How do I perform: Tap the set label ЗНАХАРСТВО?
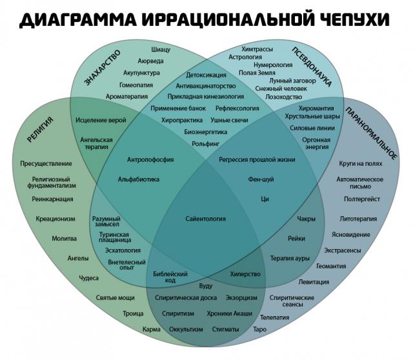[102, 68]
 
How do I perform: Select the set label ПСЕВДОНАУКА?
[312, 66]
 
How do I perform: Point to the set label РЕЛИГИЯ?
[40, 129]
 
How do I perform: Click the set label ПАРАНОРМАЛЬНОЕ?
[371, 133]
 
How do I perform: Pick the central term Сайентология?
[205, 219]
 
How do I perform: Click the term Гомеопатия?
[136, 85]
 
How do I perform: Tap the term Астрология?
[245, 57]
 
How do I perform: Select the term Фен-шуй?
[261, 179]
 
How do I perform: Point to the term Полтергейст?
[362, 199]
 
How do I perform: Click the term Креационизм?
[55, 219]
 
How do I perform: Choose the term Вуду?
[206, 286]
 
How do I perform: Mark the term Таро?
[259, 329]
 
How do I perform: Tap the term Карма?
[152, 329]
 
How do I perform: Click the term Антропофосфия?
[150, 159]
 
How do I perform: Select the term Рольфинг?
[205, 144]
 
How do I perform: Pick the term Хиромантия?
[316, 108]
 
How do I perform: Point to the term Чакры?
[306, 219]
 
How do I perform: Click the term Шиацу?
[161, 49]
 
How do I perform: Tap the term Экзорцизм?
[241, 298]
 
